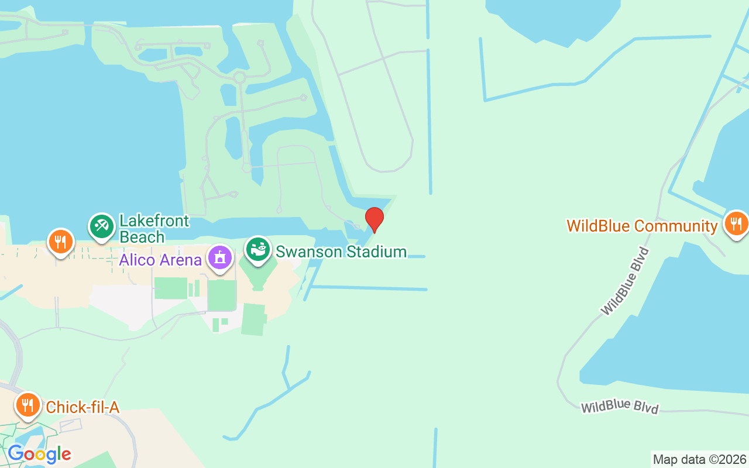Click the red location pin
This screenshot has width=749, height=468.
[x=374, y=219]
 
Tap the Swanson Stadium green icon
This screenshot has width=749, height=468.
[x=257, y=249]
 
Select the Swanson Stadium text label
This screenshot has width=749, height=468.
[x=341, y=252]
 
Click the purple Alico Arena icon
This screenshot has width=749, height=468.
[x=220, y=257]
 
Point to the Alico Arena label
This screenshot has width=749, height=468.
[x=160, y=260]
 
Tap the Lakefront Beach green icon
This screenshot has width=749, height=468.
[x=102, y=226]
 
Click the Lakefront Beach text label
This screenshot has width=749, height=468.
[x=154, y=229]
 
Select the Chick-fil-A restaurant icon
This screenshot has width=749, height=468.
[x=28, y=404]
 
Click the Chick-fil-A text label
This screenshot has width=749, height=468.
[x=83, y=407]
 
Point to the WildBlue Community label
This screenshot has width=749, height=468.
[x=642, y=226]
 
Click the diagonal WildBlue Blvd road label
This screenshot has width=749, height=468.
[x=626, y=281]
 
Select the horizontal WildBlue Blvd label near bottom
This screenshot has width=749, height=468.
[x=620, y=407]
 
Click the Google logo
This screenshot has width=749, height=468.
[x=39, y=454]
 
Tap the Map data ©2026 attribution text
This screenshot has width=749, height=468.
[x=700, y=459]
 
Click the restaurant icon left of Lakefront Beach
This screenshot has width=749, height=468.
[x=60, y=241]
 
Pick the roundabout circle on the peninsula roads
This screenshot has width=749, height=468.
[x=239, y=77]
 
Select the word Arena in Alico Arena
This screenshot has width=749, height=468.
[x=182, y=260]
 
